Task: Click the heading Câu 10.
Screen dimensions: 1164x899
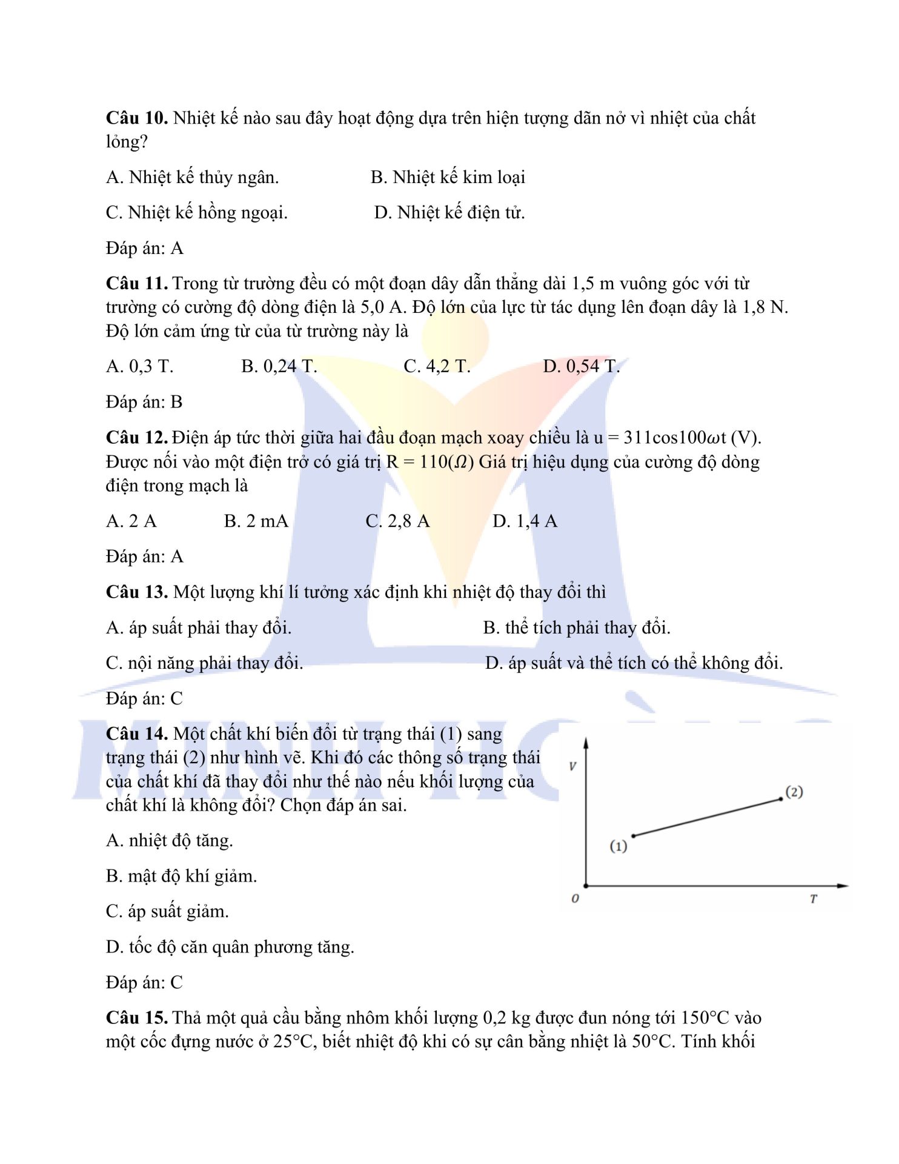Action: pyautogui.click(x=137, y=118)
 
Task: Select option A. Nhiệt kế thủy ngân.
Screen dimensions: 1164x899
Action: pyautogui.click(x=192, y=178)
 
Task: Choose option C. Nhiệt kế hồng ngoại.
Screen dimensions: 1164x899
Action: pyautogui.click(x=196, y=213)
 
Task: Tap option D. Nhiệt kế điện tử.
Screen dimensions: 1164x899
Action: pyautogui.click(x=449, y=213)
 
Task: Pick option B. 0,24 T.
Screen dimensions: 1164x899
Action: pyautogui.click(x=279, y=367)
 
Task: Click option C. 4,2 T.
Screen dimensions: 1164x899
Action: pyautogui.click(x=437, y=367)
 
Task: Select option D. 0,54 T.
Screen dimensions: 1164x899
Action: pyautogui.click(x=581, y=367)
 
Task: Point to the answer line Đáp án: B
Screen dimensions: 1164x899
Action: pyautogui.click(x=144, y=403)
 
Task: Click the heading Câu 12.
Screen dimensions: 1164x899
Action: pyautogui.click(x=137, y=438)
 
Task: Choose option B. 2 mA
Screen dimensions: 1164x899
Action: pyautogui.click(x=256, y=521)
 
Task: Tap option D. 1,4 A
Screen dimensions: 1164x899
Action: pyautogui.click(x=525, y=521)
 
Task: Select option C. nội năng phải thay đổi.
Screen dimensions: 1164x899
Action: pyautogui.click(x=204, y=663)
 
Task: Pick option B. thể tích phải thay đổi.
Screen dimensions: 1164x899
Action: pyautogui.click(x=576, y=628)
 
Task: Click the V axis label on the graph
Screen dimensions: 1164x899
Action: pyautogui.click(x=572, y=766)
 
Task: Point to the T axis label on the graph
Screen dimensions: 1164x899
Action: pyautogui.click(x=813, y=898)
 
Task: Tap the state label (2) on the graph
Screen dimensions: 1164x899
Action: pyautogui.click(x=794, y=792)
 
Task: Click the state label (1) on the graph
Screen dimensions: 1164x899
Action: pyautogui.click(x=618, y=846)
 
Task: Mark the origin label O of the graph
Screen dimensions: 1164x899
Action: pyautogui.click(x=575, y=898)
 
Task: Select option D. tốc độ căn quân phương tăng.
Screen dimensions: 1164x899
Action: pyautogui.click(x=230, y=948)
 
